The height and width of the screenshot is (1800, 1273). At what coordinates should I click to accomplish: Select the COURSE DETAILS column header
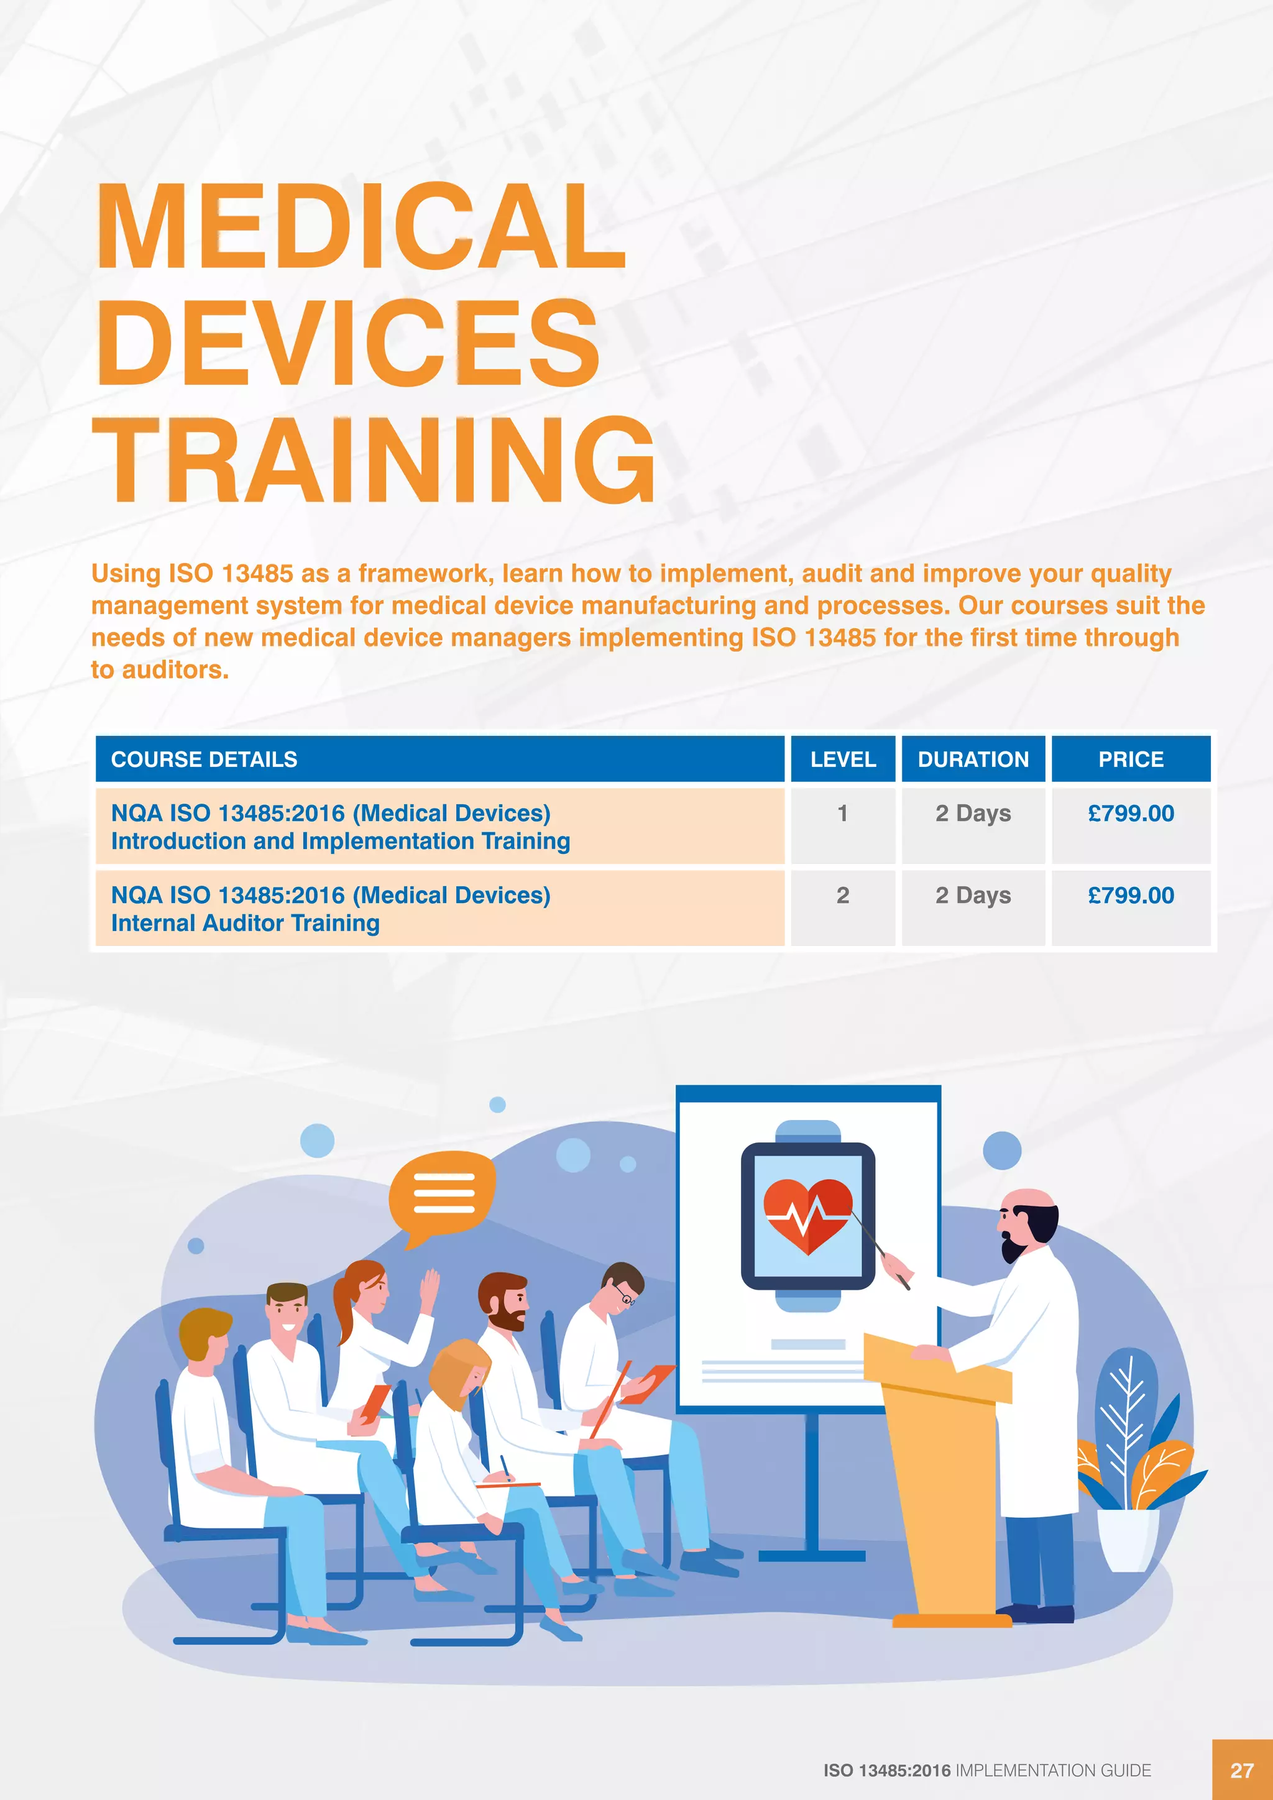[204, 759]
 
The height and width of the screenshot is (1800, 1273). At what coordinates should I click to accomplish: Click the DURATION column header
[973, 759]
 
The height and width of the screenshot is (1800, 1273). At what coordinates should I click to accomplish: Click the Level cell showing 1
[843, 814]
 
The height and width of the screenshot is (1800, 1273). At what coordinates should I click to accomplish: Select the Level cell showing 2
[843, 895]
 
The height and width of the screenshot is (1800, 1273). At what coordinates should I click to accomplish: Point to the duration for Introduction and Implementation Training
[973, 814]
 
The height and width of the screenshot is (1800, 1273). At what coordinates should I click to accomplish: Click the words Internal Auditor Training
[246, 924]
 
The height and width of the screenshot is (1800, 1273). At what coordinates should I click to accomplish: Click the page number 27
[1242, 1770]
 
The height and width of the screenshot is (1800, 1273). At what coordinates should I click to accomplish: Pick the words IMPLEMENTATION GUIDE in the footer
[1053, 1770]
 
